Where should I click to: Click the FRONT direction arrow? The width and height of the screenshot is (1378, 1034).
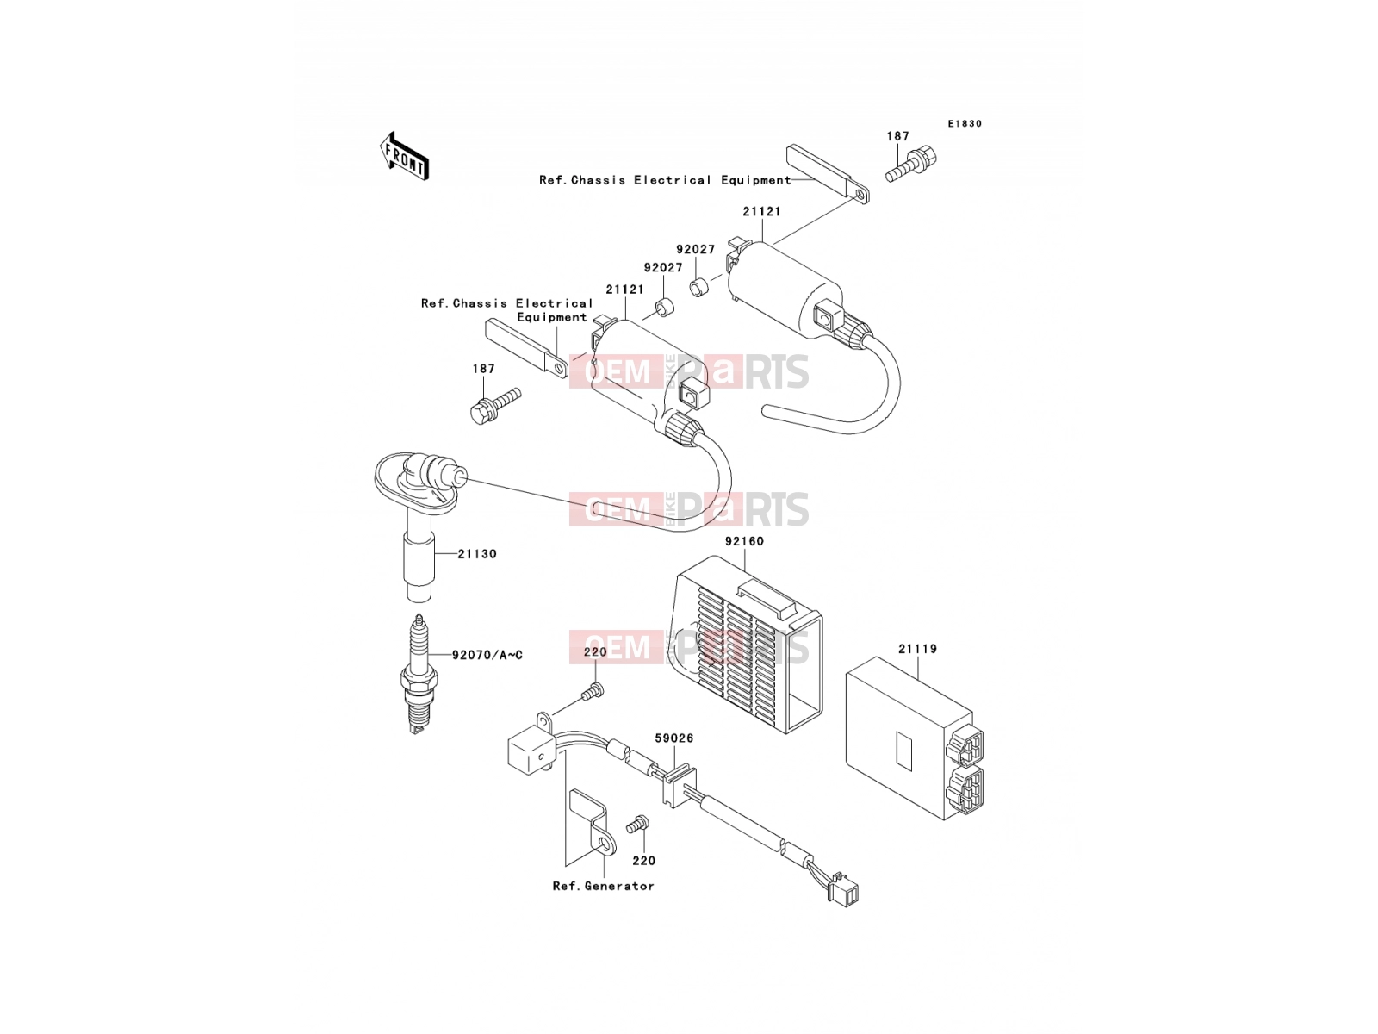pyautogui.click(x=404, y=157)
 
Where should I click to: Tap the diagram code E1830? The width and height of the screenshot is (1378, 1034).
pyautogui.click(x=965, y=124)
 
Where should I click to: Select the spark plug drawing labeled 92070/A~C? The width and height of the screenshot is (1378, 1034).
pyautogui.click(x=418, y=674)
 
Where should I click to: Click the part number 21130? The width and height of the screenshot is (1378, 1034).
pyautogui.click(x=477, y=554)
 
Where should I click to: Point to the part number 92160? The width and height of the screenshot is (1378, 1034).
pyautogui.click(x=745, y=541)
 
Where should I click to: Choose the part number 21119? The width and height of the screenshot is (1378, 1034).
pyautogui.click(x=917, y=649)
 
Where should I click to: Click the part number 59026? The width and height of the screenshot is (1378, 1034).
pyautogui.click(x=674, y=738)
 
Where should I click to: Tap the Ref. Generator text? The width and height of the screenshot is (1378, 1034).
pyautogui.click(x=604, y=886)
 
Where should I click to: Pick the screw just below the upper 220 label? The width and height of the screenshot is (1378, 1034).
pyautogui.click(x=592, y=691)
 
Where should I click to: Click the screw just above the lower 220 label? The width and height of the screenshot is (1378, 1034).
pyautogui.click(x=638, y=824)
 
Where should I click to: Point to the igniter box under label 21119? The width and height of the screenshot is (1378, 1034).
pyautogui.click(x=914, y=738)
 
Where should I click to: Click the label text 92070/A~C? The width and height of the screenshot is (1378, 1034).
pyautogui.click(x=487, y=655)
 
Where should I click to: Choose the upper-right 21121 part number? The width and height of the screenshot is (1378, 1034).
pyautogui.click(x=761, y=212)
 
